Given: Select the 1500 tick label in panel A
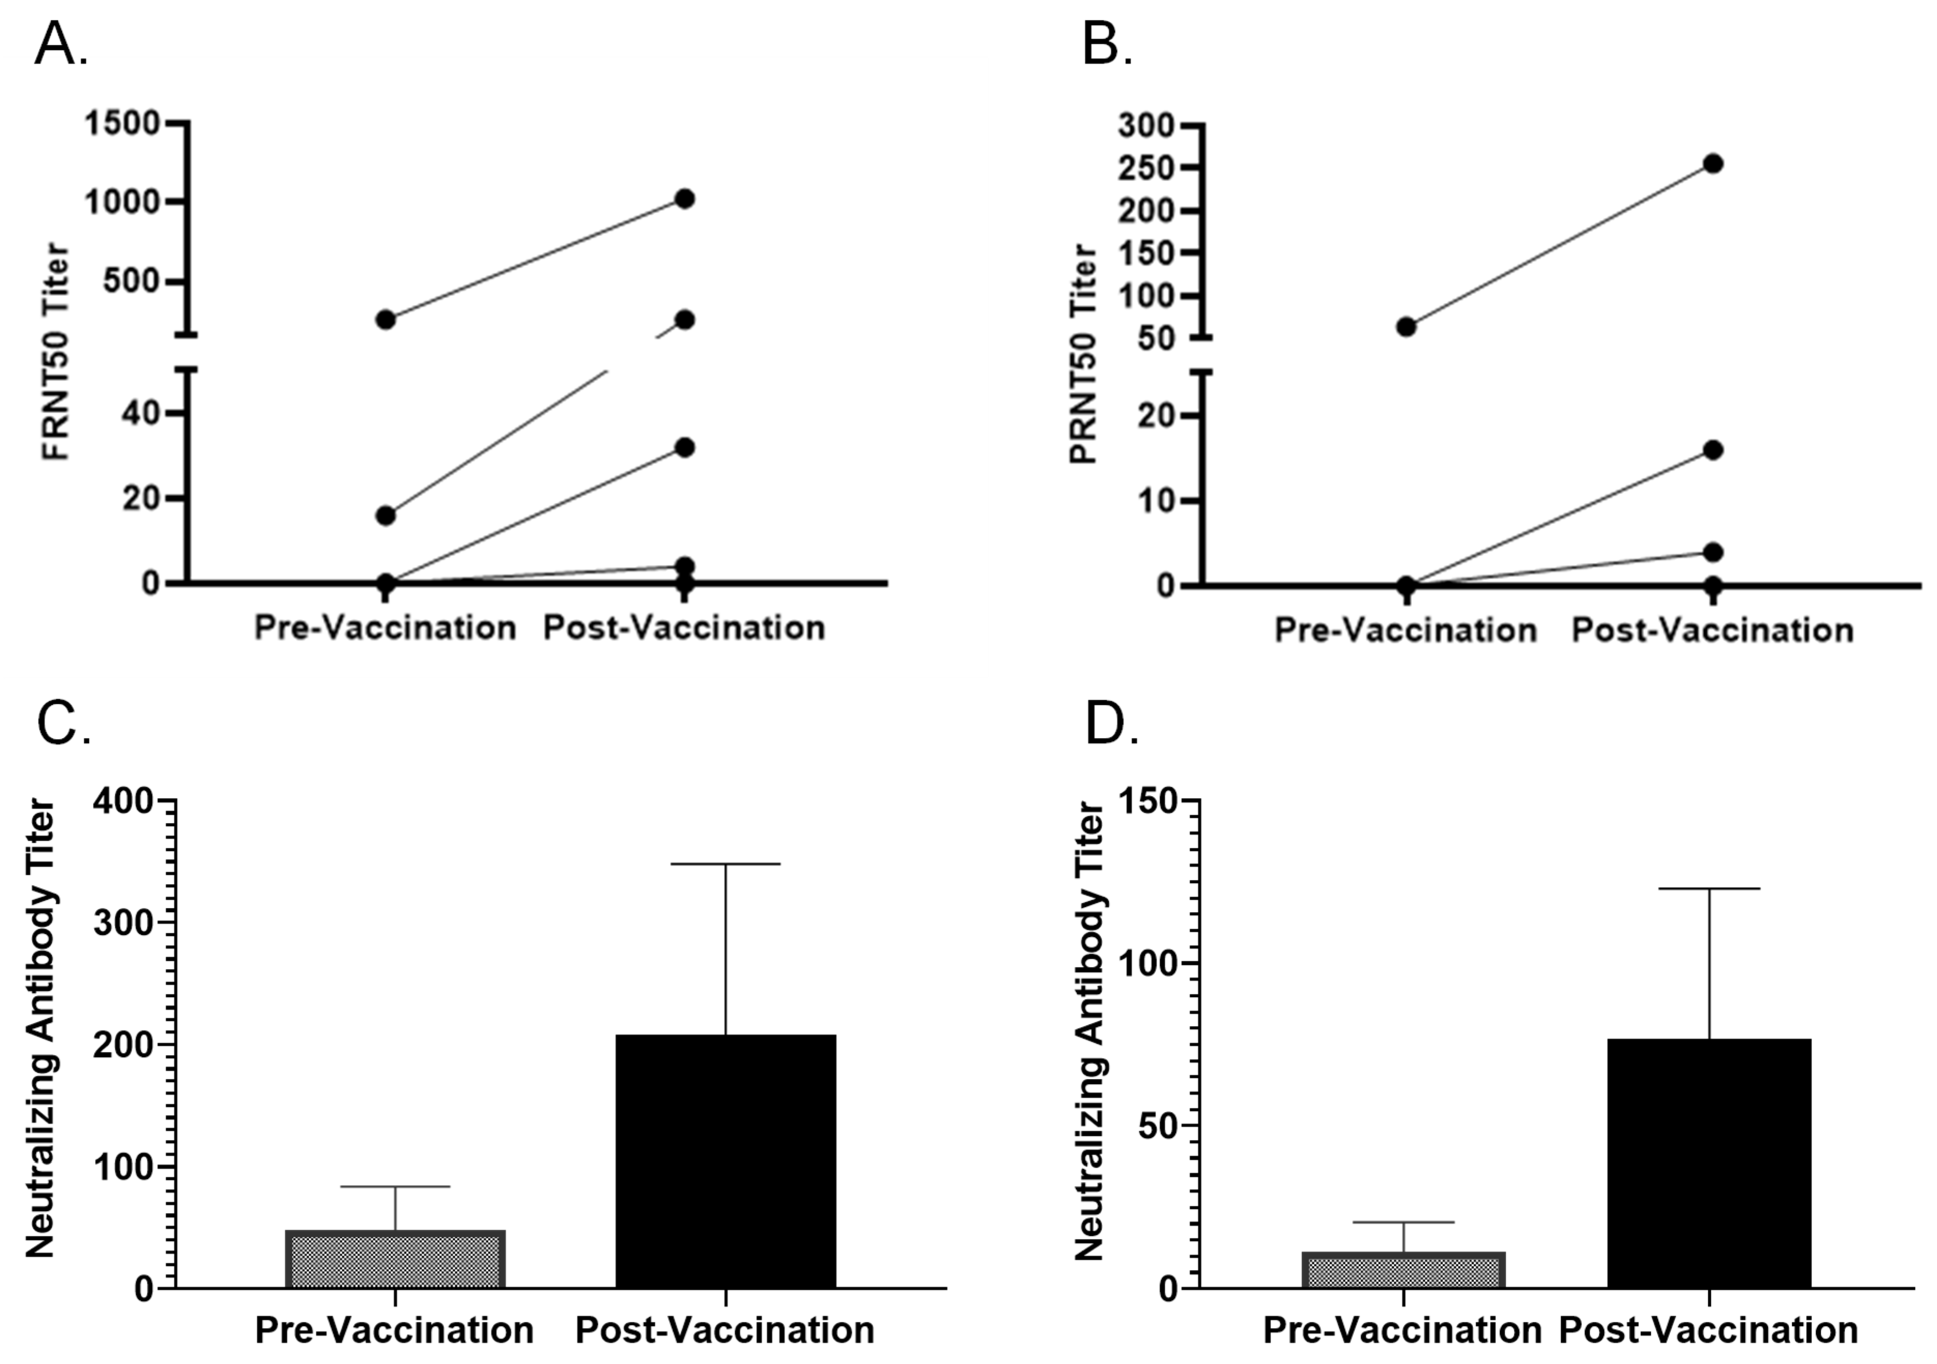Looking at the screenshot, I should (122, 124).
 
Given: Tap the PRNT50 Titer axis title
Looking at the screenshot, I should (1083, 354).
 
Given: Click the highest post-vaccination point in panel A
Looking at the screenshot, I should (684, 199).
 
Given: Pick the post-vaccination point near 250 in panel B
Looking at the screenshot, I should (1713, 164).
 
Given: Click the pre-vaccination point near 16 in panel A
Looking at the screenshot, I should (385, 515).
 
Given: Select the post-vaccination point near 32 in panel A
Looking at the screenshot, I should (684, 447).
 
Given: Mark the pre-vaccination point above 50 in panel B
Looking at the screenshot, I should (1407, 326).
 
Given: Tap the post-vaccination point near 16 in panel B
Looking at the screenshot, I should (1713, 450).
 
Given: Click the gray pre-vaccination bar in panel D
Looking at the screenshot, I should (1404, 1270).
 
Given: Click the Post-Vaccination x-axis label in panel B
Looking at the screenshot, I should (1713, 630).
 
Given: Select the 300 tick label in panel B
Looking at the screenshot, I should (1145, 126).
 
